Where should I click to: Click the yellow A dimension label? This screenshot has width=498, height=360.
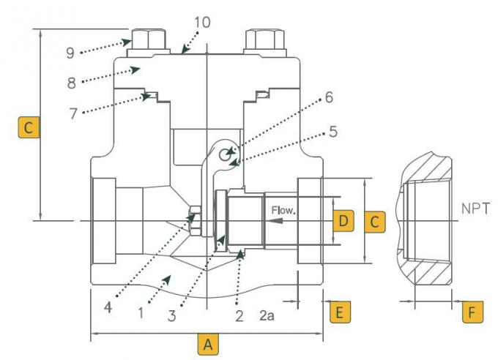click(x=208, y=344)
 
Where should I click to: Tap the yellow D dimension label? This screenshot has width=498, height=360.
click(x=343, y=221)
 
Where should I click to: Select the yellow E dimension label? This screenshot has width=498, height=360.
click(x=340, y=312)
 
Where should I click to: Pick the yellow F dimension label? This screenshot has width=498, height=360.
click(x=472, y=312)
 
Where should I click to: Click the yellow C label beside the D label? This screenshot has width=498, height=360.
click(x=375, y=222)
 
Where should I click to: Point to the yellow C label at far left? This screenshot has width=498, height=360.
click(x=29, y=127)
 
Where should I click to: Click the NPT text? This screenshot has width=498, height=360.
click(x=475, y=209)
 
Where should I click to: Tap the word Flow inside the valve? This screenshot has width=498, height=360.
click(x=283, y=210)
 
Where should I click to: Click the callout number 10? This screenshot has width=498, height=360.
click(x=202, y=23)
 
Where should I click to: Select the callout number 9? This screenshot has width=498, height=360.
click(x=70, y=53)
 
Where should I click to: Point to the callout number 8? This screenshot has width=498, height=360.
click(x=72, y=83)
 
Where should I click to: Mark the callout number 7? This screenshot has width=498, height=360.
click(x=73, y=113)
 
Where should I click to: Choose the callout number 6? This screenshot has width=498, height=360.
click(x=329, y=97)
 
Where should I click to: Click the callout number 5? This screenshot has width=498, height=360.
click(x=332, y=131)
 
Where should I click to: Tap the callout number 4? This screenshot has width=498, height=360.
click(x=108, y=307)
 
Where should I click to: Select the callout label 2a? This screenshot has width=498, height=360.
click(x=267, y=315)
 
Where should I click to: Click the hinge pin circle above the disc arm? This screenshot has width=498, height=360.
click(x=225, y=155)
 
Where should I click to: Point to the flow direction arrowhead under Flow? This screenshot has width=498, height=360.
click(x=276, y=220)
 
